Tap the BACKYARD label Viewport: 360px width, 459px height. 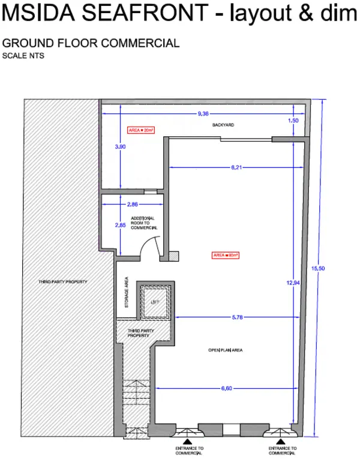[222, 125]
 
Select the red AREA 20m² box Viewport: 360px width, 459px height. [142, 130]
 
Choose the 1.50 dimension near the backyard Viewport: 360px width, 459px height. [293, 121]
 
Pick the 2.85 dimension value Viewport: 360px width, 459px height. [120, 225]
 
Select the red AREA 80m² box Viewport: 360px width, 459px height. [226, 255]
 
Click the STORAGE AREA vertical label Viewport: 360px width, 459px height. [127, 293]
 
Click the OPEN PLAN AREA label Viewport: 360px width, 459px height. [224, 350]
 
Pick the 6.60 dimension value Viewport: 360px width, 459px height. [227, 389]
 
